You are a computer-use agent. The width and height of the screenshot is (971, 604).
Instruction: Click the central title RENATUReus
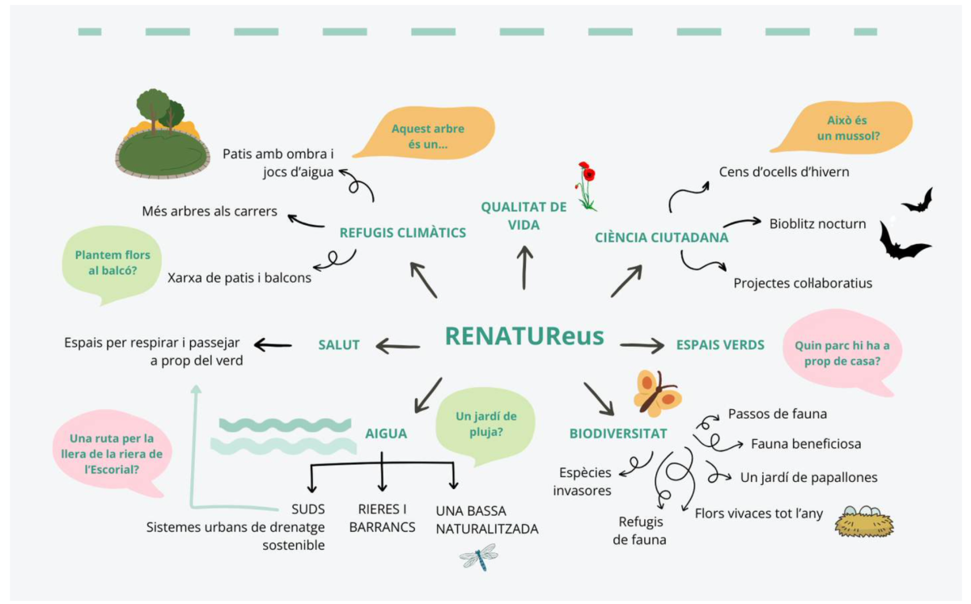click(524, 336)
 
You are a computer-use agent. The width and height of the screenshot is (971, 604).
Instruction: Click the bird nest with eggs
click(863, 522)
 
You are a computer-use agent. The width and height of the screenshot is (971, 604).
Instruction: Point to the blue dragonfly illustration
click(478, 556)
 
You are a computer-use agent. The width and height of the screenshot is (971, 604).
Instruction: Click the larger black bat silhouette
click(904, 242)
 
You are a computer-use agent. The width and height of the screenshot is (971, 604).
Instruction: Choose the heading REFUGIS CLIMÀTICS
click(403, 233)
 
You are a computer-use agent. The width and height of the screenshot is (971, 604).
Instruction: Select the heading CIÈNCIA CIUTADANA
click(661, 238)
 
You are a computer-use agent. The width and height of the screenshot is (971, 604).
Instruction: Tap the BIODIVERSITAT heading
click(617, 433)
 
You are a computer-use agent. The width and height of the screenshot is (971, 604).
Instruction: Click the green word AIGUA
click(386, 433)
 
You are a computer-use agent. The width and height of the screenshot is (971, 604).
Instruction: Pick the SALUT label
click(338, 345)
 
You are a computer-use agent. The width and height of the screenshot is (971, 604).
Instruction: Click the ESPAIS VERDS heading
click(720, 345)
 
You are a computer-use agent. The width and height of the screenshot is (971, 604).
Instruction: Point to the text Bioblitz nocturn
click(817, 224)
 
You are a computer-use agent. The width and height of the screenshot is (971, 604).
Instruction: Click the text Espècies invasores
click(583, 481)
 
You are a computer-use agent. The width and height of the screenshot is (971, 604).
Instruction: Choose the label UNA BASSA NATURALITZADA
click(486, 520)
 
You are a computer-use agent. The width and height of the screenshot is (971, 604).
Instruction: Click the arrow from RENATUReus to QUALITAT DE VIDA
click(525, 268)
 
